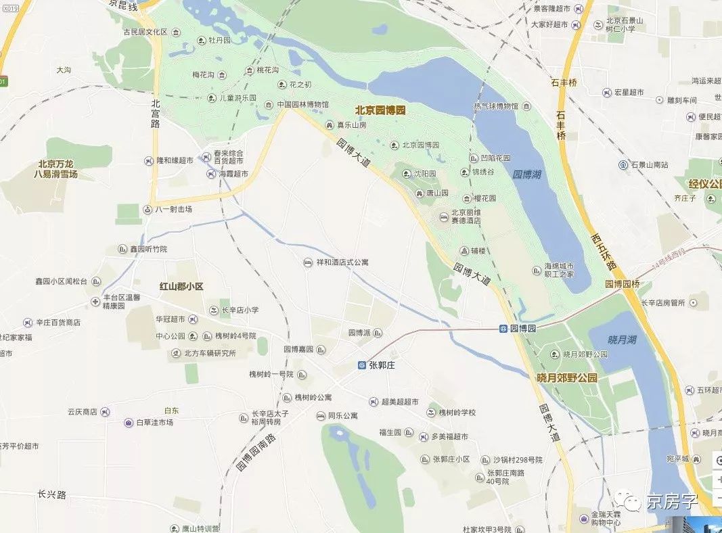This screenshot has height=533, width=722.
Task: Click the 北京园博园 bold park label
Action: (x=380, y=110)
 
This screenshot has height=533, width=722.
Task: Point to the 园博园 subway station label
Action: (x=523, y=328)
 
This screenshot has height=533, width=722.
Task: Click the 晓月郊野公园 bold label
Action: (x=567, y=378)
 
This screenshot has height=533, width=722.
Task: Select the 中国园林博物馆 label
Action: (x=302, y=105)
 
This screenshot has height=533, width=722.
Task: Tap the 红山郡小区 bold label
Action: (x=181, y=287)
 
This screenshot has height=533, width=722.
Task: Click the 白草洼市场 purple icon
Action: (x=129, y=423)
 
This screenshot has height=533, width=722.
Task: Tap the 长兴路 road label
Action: (x=52, y=494)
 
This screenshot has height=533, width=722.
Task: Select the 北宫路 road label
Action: (x=156, y=114)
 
